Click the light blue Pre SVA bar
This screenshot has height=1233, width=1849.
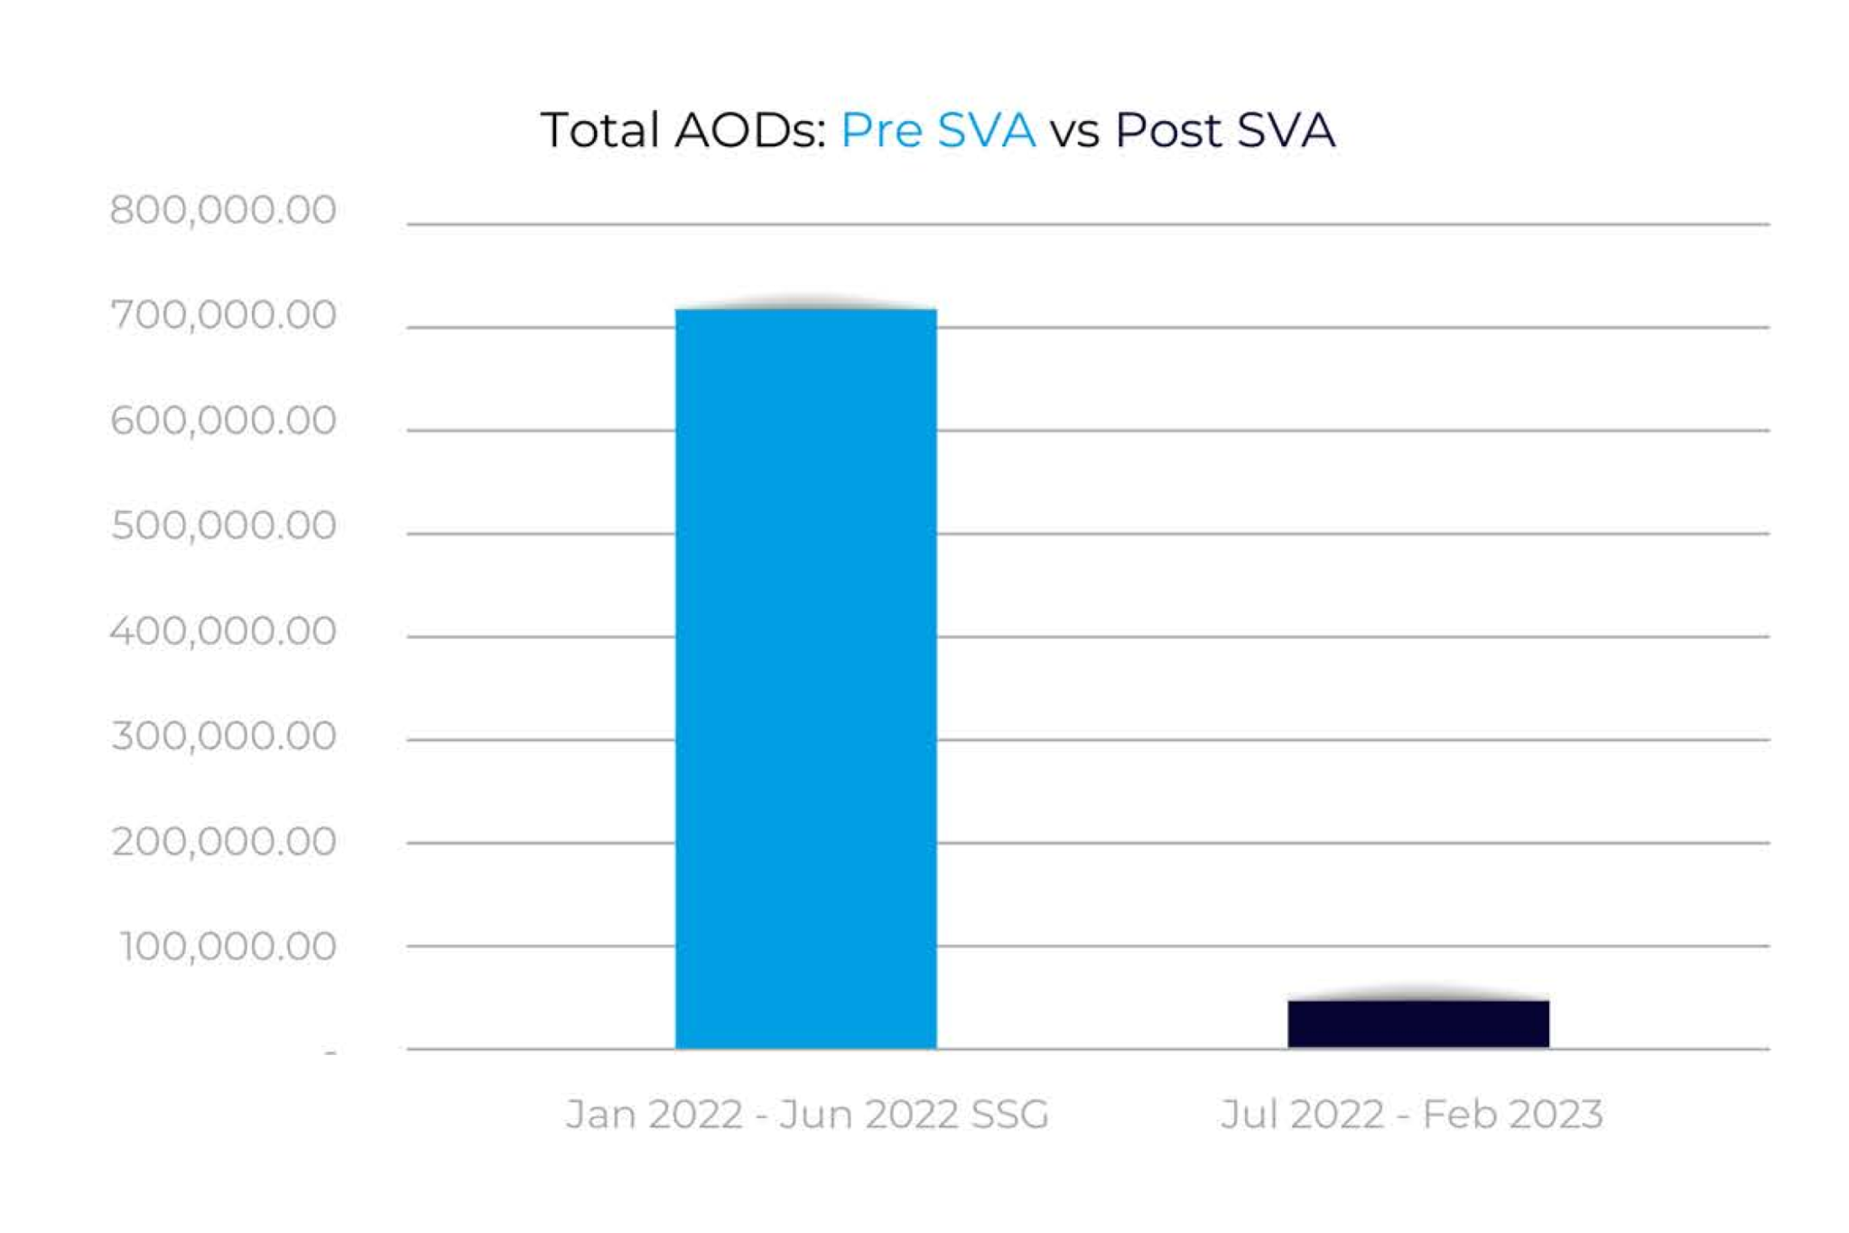(x=805, y=677)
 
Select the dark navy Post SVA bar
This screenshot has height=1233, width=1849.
(x=1417, y=1023)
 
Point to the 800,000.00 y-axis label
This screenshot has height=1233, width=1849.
(x=223, y=210)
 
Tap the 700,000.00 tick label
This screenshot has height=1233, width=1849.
(x=223, y=315)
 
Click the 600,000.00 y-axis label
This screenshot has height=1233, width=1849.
(x=223, y=421)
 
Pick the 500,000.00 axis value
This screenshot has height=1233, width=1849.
(x=223, y=526)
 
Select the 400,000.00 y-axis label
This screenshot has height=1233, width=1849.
(x=223, y=631)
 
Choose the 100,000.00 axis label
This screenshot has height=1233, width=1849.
(x=228, y=947)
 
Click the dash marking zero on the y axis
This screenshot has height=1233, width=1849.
(x=330, y=1052)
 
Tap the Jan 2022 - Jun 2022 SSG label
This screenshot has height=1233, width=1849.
(x=807, y=1114)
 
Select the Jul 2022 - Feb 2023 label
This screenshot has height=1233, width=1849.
(x=1411, y=1114)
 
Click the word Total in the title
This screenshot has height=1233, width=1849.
(x=599, y=130)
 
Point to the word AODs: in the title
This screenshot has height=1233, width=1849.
(x=750, y=130)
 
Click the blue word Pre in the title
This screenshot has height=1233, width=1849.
(x=881, y=130)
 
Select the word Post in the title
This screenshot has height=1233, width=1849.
(x=1167, y=130)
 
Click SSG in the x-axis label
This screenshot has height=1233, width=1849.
(x=1009, y=1114)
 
